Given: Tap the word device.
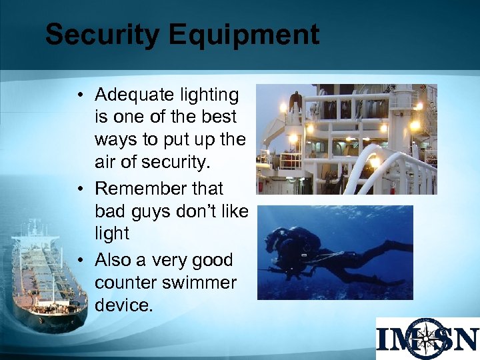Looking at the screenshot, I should (124, 305).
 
